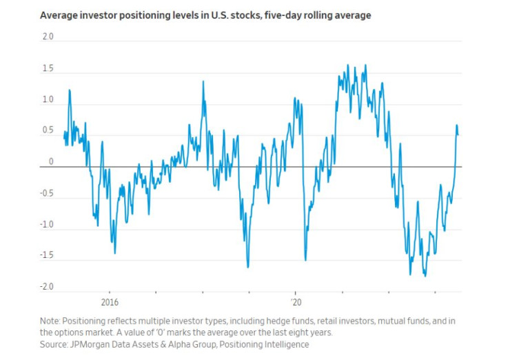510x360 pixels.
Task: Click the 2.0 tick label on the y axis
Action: (47, 37)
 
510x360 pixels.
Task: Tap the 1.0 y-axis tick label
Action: (47, 100)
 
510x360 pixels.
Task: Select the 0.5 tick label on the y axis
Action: (47, 131)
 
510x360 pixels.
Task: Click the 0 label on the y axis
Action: (50, 161)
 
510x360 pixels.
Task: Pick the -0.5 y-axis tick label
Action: (46, 193)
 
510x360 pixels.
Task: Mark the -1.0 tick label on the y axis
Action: (46, 225)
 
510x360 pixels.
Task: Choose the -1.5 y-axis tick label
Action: (46, 255)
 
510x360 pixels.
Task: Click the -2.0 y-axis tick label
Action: (46, 286)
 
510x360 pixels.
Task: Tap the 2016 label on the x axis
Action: (110, 302)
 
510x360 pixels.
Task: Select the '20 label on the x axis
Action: (297, 302)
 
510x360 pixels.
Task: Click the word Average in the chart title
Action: (60, 15)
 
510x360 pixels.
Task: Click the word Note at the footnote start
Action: (50, 321)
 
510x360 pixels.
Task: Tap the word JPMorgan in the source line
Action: (92, 343)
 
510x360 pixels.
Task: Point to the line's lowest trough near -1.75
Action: (425, 276)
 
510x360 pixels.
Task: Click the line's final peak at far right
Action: (456, 126)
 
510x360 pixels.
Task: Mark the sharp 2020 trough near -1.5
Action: (305, 260)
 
